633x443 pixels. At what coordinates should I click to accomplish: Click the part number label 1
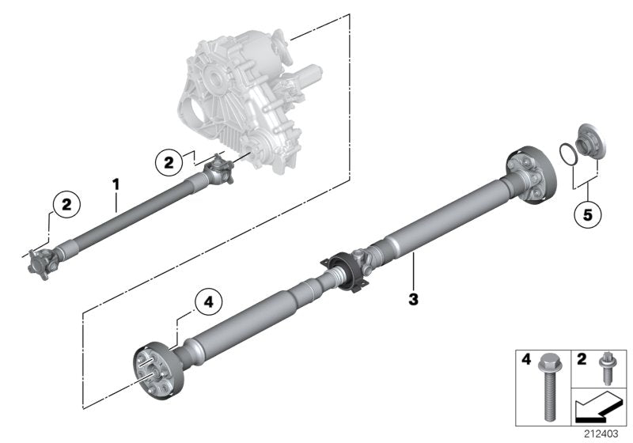(116, 184)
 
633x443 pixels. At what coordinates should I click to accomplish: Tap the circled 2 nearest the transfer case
(168, 163)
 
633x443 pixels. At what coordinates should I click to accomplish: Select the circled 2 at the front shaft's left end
(66, 204)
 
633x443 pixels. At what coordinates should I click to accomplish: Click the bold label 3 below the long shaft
(412, 299)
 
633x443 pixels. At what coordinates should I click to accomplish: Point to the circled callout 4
(208, 301)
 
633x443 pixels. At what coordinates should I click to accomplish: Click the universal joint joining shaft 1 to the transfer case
(219, 169)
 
